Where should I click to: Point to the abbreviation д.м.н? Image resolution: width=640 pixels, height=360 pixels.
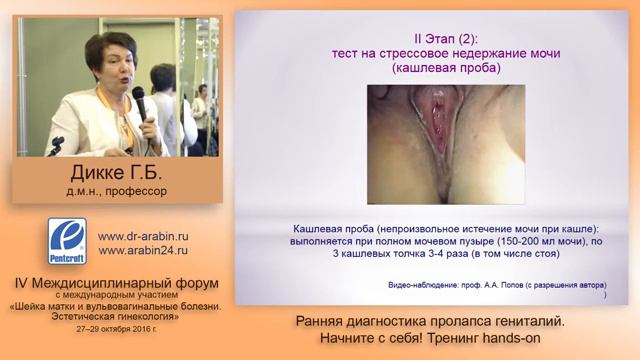pos(80,190)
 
